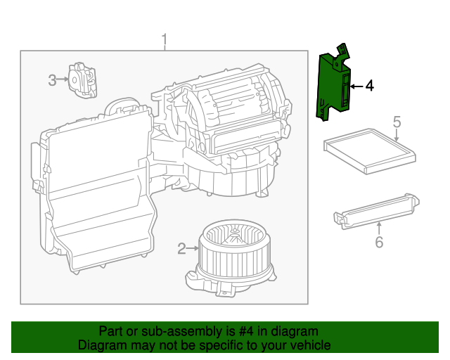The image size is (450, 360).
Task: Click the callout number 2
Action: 181,248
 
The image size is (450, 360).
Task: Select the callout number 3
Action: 53,80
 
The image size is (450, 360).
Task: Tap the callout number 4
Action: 369,86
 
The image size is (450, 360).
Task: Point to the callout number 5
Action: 397,122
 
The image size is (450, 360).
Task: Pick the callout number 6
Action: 379,243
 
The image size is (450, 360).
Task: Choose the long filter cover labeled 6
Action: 376,210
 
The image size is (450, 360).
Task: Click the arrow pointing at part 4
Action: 356,86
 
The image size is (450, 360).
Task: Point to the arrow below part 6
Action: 379,228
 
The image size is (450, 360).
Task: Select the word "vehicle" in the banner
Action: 310,345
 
